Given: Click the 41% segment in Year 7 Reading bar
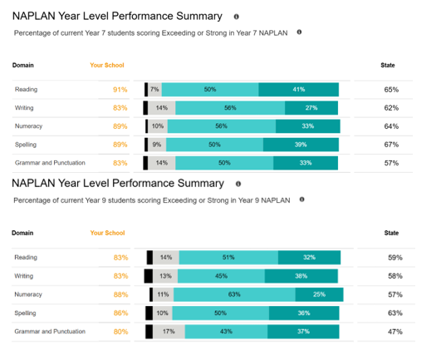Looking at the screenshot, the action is point(299,90).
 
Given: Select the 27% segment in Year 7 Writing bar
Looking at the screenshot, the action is point(311,108).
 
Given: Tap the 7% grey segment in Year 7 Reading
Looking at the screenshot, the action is point(154,90).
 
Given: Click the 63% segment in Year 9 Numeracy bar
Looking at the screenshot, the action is point(234,294).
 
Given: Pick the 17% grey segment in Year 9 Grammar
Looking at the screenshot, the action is point(169,332).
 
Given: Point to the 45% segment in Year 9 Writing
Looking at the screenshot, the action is point(221,276).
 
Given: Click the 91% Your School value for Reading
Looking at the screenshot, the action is point(120,90).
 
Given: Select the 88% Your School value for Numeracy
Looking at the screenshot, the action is point(121,294).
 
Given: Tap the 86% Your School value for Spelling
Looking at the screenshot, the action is point(121,313).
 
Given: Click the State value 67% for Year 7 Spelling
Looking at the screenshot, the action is point(391,145).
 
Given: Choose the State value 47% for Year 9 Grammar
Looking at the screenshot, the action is point(395,332).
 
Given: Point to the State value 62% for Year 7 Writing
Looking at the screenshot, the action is point(391,108).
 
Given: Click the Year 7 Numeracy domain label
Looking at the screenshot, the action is point(28,126).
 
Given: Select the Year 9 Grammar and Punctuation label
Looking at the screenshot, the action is point(50,332).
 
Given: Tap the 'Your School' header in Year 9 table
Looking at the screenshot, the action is point(107,233).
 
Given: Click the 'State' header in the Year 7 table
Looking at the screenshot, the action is point(388,65).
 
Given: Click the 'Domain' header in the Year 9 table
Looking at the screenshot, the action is point(22,233).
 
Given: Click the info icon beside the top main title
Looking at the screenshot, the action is point(237,17).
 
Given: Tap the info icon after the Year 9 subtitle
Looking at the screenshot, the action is point(301,200).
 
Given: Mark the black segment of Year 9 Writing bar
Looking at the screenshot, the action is point(149,276).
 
